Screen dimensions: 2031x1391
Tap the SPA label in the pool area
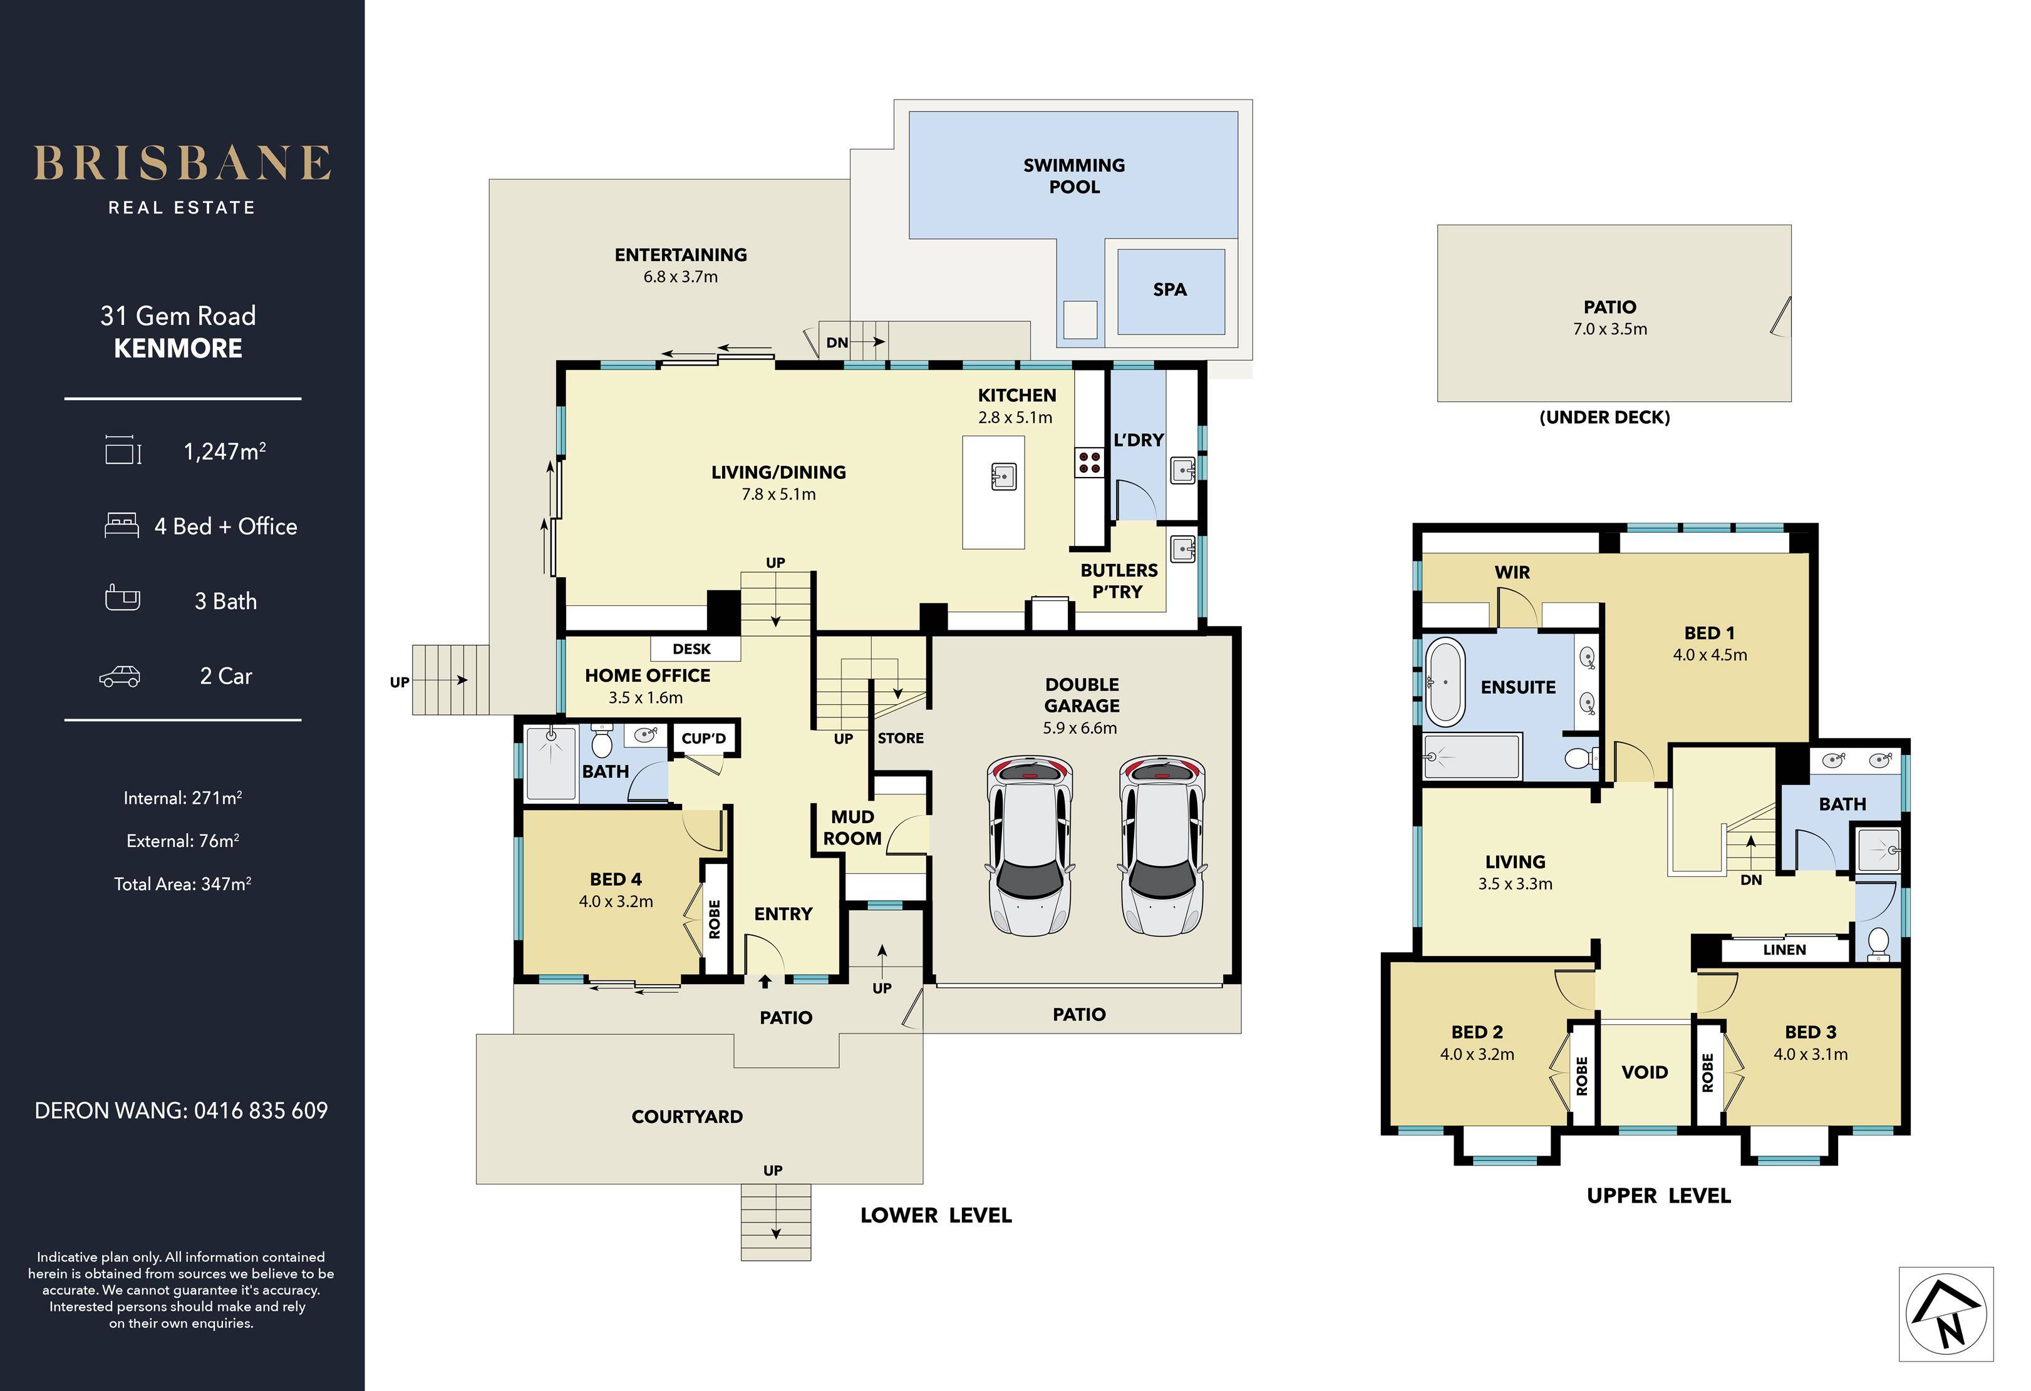point(1169,289)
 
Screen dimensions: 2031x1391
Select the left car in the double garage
point(1030,845)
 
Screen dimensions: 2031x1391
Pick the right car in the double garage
point(1162,845)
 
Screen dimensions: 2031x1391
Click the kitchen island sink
point(1004,476)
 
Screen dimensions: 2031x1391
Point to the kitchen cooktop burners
point(1089,461)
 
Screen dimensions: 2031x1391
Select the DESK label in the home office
point(691,649)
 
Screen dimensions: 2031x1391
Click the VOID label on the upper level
point(1645,1072)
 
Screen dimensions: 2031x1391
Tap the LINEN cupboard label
point(1784,950)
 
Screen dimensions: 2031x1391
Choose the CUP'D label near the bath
point(703,738)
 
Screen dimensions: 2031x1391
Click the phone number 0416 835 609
point(261,1111)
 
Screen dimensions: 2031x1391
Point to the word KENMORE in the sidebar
point(178,348)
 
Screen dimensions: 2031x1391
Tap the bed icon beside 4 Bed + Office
point(121,525)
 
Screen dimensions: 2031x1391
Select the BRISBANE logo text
point(183,163)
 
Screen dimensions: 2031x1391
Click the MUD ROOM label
point(852,828)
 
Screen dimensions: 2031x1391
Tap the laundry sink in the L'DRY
point(1182,471)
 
